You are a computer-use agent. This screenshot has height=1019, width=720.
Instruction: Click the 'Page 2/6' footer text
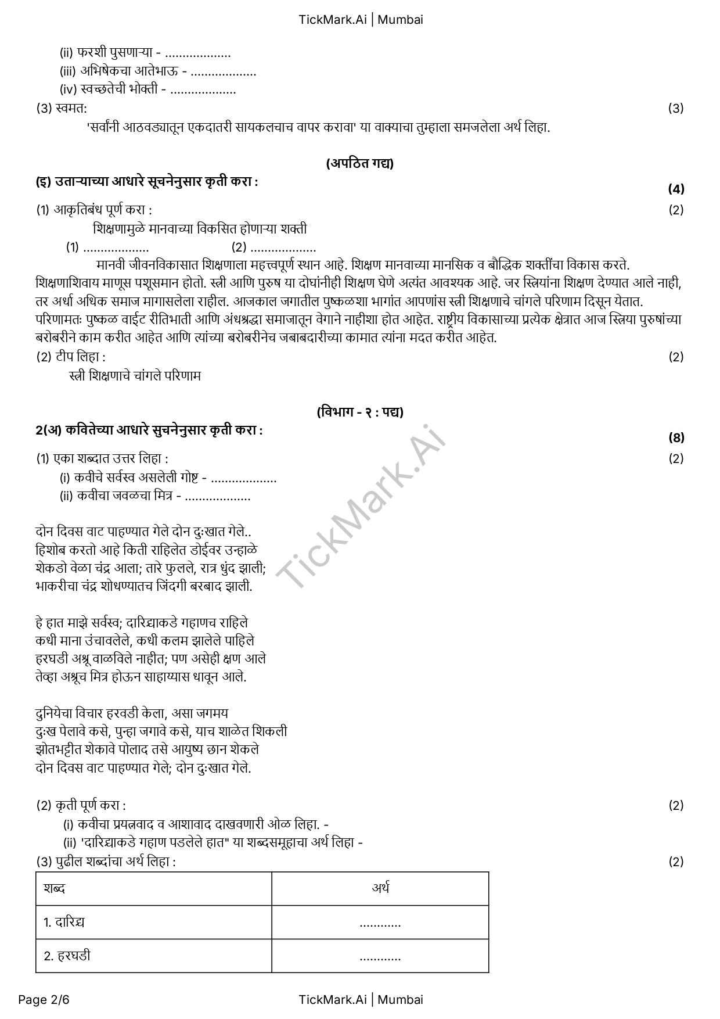tap(44, 999)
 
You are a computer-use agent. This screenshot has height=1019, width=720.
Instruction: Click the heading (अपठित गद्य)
tap(359, 163)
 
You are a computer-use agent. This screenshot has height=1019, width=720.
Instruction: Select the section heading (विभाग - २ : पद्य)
tap(360, 412)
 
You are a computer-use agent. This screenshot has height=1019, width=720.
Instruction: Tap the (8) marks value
tap(676, 437)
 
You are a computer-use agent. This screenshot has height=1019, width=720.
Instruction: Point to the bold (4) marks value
tap(676, 189)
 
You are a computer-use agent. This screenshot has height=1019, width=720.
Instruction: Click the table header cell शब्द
tap(55, 888)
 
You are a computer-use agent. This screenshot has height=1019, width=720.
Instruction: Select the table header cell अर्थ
tap(380, 888)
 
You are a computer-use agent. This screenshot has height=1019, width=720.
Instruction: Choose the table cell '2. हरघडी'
tap(67, 956)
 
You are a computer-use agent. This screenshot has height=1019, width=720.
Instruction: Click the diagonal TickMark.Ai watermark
tap(360, 505)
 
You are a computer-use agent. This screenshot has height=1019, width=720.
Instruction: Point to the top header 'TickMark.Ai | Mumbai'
tap(361, 19)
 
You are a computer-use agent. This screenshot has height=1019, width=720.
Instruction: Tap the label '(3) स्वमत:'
tap(62, 108)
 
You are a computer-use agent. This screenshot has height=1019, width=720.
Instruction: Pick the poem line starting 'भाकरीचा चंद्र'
tap(143, 586)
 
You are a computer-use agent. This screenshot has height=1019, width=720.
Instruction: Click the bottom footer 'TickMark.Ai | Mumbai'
tap(361, 999)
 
